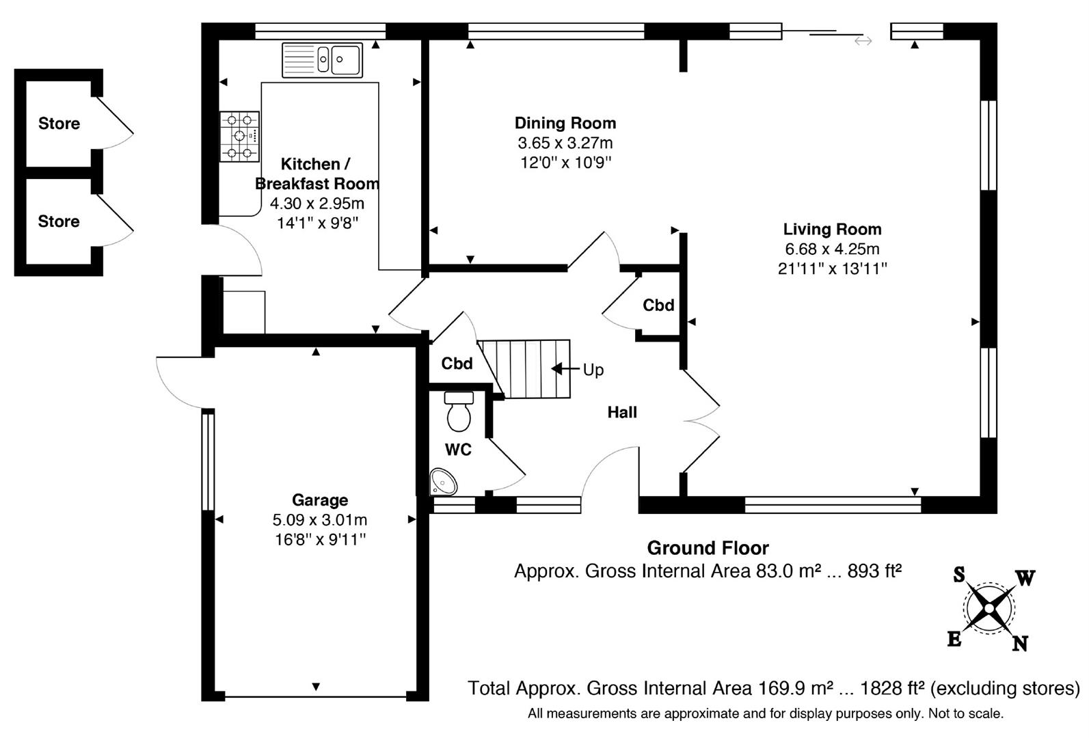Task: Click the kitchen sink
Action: coord(322,60)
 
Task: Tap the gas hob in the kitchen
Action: coord(240,137)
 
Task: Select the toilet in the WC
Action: coord(459,411)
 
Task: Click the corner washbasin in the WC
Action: coord(443,482)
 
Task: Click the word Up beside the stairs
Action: coord(593,370)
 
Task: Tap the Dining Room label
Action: coord(565,123)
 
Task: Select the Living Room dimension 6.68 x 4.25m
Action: coord(833,249)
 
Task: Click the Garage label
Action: coord(320,500)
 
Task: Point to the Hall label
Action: coord(622,413)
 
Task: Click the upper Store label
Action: coord(59,124)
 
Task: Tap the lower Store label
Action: coord(59,221)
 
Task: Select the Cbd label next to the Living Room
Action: coord(658,305)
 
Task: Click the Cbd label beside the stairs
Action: coord(457,364)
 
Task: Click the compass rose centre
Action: coord(989,608)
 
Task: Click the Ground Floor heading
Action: coord(708,548)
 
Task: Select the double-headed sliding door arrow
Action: coord(863,41)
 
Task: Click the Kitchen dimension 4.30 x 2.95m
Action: coord(317,203)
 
